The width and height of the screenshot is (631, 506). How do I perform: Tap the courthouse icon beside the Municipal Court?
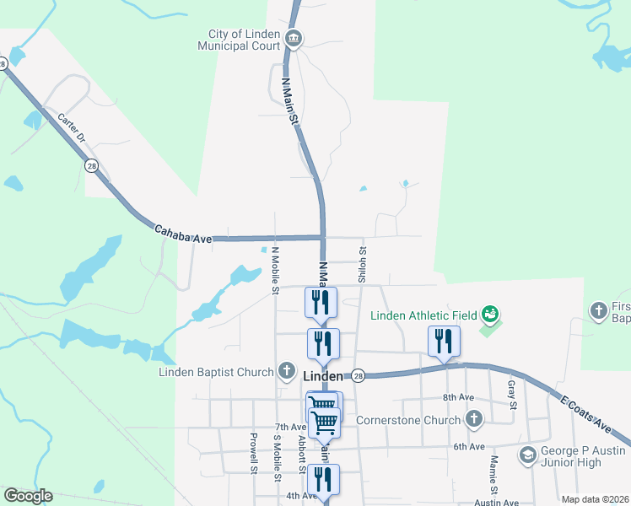pos(294,37)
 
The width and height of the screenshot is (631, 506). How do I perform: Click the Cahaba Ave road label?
pos(182,234)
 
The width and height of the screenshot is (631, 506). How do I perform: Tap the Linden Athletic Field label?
pos(424,316)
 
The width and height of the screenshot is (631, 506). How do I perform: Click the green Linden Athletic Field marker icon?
pos(488,315)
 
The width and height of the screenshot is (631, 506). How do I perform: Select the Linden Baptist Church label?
pos(216,372)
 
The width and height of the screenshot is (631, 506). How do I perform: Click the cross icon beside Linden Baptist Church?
pos(287,372)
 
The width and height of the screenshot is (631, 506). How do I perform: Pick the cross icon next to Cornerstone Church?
pos(474,419)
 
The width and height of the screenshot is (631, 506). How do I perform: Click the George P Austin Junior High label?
pos(584,457)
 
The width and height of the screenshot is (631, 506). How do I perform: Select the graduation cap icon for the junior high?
pos(528,456)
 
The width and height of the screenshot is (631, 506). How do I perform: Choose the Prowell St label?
pos(252,454)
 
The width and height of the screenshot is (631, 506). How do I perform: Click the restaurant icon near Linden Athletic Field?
pos(444,342)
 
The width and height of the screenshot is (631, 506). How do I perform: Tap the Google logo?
pos(28,496)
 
